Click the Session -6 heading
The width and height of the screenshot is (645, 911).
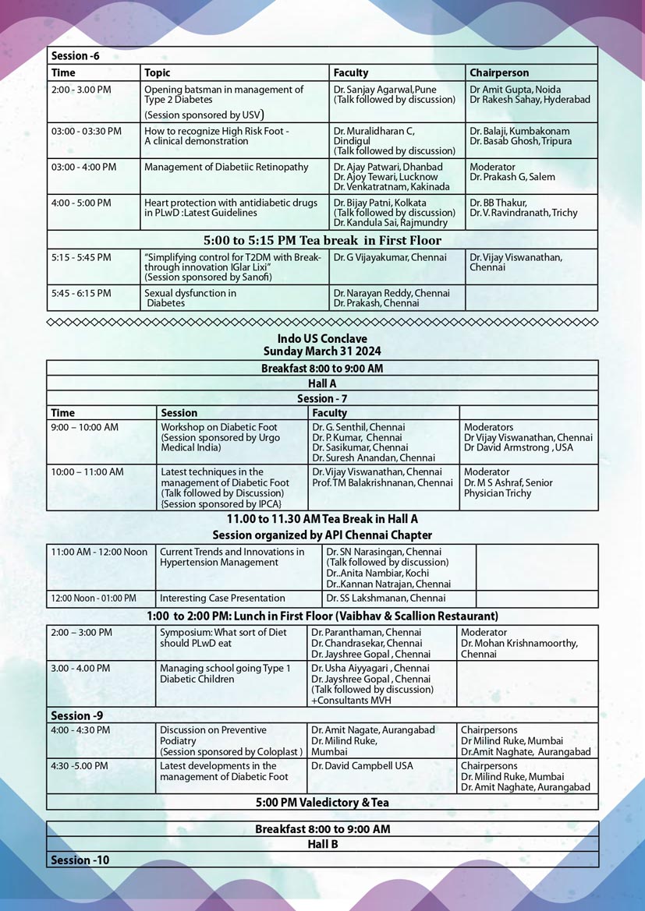(x=75, y=56)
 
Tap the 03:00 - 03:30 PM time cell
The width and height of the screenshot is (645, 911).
(x=86, y=132)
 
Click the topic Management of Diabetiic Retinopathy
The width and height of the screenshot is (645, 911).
(x=226, y=168)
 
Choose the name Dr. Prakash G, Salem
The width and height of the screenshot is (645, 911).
(x=512, y=178)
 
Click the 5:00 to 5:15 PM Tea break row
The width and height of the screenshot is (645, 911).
(x=322, y=241)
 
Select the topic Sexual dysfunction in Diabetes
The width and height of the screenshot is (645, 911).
(x=190, y=298)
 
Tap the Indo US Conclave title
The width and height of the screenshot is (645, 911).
(x=322, y=338)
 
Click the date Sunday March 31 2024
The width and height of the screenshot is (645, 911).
(x=322, y=351)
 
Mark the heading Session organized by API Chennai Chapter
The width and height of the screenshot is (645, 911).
(x=322, y=535)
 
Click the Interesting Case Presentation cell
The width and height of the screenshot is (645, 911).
(x=222, y=599)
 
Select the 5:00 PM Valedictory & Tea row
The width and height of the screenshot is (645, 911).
(x=322, y=803)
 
